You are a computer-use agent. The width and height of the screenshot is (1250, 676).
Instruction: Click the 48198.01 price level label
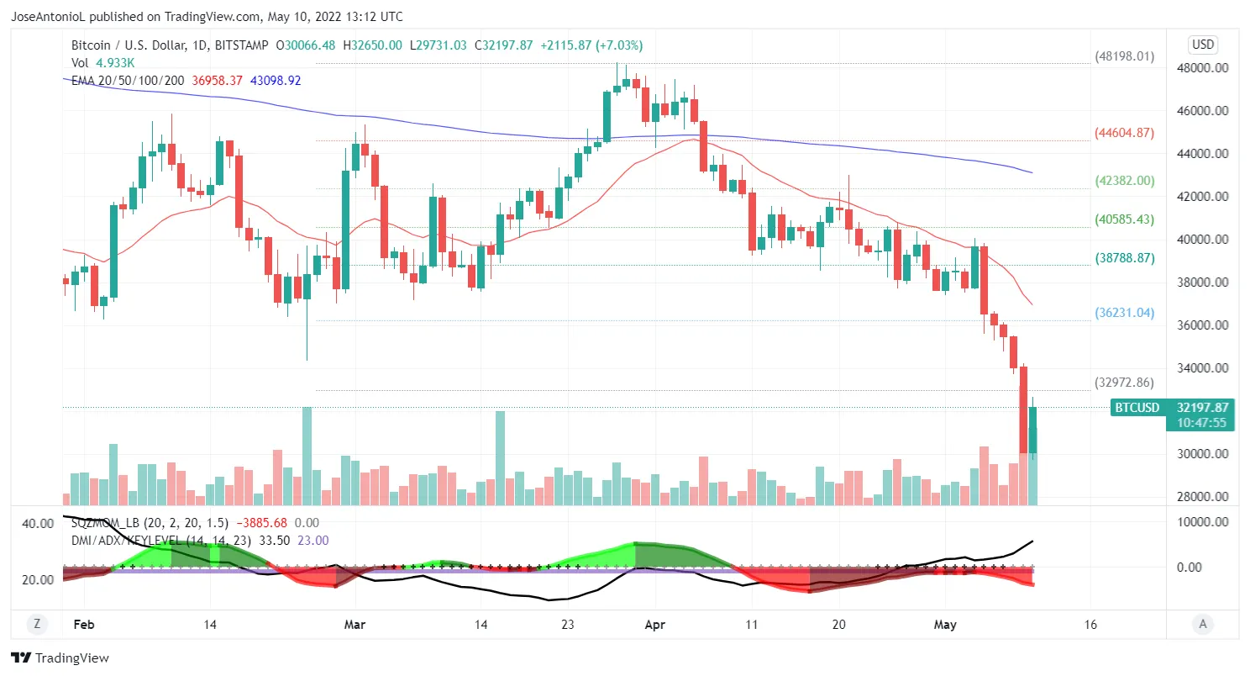tap(1125, 57)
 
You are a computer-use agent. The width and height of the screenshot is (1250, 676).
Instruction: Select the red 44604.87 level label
tap(1125, 133)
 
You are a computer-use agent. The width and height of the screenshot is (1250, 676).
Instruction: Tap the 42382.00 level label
tap(1125, 181)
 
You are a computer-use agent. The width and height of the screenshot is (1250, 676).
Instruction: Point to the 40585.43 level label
tap(1125, 219)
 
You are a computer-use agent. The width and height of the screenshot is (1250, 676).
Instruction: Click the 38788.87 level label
tap(1125, 257)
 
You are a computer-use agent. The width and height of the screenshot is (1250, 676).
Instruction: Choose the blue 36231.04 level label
tap(1125, 312)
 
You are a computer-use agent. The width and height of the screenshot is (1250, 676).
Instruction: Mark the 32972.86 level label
tap(1125, 383)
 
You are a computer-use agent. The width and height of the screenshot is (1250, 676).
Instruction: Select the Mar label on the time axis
tap(355, 625)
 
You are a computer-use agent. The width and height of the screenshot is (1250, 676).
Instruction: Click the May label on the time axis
tap(946, 625)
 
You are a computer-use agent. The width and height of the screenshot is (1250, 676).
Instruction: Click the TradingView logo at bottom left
tap(60, 658)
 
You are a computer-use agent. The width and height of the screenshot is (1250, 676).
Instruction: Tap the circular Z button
tap(37, 624)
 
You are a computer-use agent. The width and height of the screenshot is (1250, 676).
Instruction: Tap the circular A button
tap(1203, 624)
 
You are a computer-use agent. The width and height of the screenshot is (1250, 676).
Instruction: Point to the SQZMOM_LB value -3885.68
tap(263, 523)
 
